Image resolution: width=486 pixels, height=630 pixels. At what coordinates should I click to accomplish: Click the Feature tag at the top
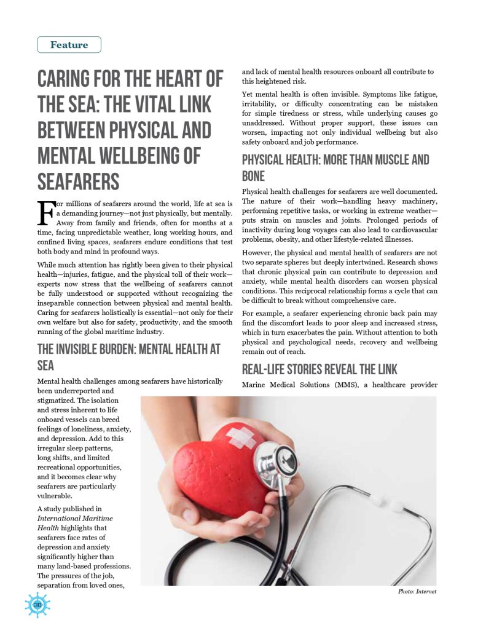click(69, 45)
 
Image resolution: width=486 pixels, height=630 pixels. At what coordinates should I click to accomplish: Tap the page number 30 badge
click(37, 605)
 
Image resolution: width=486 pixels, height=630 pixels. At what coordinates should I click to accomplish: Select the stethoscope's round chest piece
click(275, 461)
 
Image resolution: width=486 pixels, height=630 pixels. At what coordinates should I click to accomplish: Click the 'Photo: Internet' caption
click(417, 591)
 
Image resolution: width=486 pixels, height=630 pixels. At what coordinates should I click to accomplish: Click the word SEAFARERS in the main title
click(78, 182)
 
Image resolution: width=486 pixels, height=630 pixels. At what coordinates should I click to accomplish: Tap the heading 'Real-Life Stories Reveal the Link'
click(319, 369)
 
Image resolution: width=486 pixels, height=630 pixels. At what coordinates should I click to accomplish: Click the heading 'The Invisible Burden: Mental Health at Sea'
click(128, 357)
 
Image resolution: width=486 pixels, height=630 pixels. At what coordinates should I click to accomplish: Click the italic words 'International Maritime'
click(75, 519)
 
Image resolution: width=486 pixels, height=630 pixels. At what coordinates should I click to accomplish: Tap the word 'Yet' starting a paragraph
click(249, 94)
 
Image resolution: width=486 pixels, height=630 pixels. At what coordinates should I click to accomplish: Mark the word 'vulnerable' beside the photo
click(55, 495)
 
